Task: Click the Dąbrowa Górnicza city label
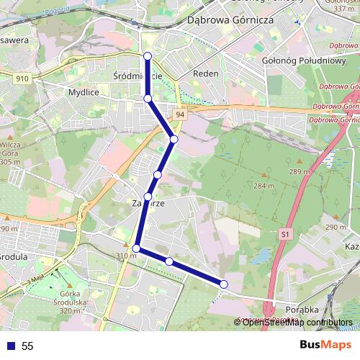click(x=230, y=21)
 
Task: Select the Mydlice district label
click(x=83, y=93)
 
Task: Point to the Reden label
click(x=206, y=74)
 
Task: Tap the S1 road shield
click(x=287, y=235)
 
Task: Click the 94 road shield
click(x=179, y=114)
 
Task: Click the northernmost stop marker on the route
click(x=148, y=56)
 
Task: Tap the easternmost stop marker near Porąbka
click(x=223, y=284)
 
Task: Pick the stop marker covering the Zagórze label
click(x=148, y=197)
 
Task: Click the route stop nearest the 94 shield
click(x=174, y=138)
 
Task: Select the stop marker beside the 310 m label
click(x=136, y=248)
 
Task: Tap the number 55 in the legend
click(x=27, y=346)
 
